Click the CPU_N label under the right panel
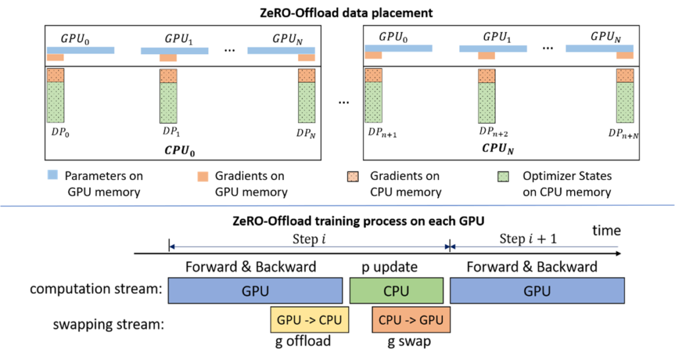(498, 149)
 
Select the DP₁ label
(169, 133)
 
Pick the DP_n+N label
(623, 133)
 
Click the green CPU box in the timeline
(396, 291)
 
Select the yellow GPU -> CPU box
(309, 320)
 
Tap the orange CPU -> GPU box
(411, 320)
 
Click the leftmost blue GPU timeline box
(254, 291)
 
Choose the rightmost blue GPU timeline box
(537, 291)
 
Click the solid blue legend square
(52, 175)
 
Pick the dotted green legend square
(503, 176)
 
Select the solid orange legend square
(203, 177)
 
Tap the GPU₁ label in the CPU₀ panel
(177, 39)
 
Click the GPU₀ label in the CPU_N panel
(394, 37)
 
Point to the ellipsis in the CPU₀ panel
(229, 51)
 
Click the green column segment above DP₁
(168, 103)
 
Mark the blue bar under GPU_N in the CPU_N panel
(599, 48)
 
